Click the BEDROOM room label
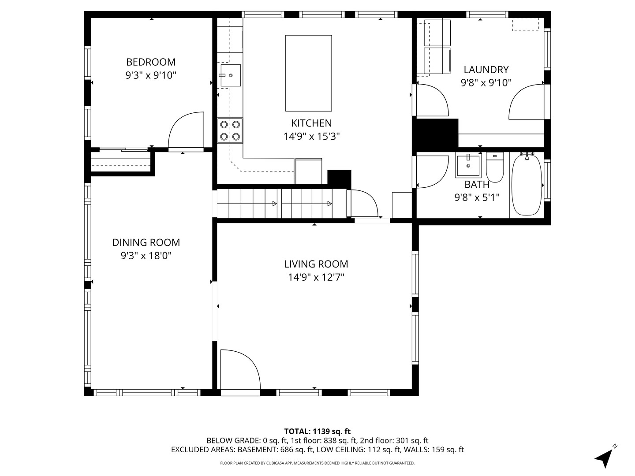(x=151, y=62)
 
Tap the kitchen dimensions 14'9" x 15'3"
(x=311, y=137)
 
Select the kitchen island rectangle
(x=308, y=73)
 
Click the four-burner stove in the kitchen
(x=230, y=130)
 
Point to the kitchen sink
(x=231, y=75)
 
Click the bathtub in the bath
(x=527, y=185)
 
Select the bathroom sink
(x=468, y=166)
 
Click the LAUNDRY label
(x=486, y=70)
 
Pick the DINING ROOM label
(x=146, y=242)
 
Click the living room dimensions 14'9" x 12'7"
(x=316, y=277)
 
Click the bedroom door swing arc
(x=185, y=130)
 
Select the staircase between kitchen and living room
(x=281, y=203)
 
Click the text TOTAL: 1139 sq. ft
(x=317, y=431)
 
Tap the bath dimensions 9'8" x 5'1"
(x=477, y=197)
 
